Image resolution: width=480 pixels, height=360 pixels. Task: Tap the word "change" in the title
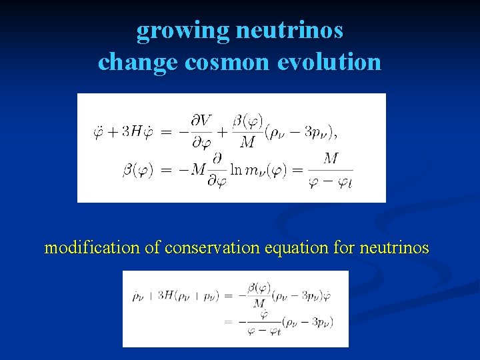pos(137,62)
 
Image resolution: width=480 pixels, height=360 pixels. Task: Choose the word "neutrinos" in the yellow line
pos(393,248)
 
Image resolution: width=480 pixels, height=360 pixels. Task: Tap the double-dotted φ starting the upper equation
pos(98,131)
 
